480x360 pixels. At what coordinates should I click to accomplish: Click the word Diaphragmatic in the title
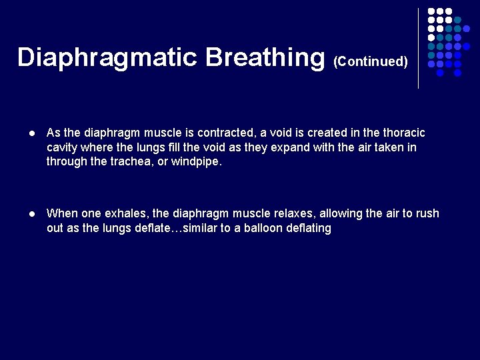point(107,57)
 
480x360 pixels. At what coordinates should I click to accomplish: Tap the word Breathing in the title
point(264,57)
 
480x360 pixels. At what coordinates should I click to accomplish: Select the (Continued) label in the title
point(371,61)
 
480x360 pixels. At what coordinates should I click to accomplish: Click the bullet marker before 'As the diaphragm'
point(31,133)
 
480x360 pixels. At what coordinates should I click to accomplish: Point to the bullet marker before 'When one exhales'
point(31,214)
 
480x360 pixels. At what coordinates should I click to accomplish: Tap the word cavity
point(63,147)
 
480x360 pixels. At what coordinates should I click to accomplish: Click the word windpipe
point(196,161)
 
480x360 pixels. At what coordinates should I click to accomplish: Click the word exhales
point(128,214)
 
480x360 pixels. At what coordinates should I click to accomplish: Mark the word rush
point(427,214)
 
